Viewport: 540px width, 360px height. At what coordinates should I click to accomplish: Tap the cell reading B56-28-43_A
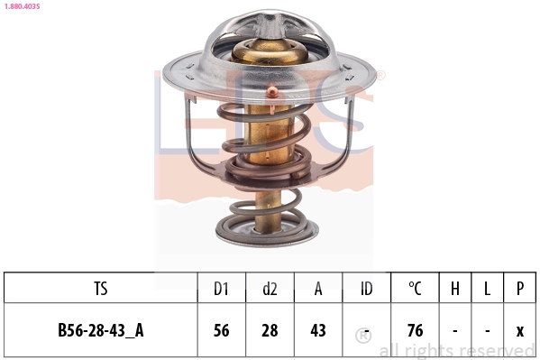pos(100,330)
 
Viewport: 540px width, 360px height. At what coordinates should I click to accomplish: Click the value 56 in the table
pos(221,330)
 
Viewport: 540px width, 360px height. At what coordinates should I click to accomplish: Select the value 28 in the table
pos(270,330)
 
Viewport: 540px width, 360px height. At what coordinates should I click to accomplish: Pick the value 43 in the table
pos(318,330)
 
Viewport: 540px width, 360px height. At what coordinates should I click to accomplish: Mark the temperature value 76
pos(415,330)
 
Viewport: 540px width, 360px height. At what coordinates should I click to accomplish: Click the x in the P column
pos(520,330)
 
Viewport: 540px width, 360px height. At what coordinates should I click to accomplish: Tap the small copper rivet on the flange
pos(271,90)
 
